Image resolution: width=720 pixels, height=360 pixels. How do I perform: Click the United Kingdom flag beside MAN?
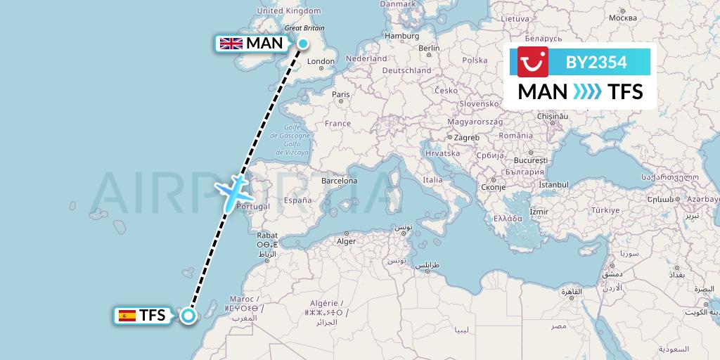231,44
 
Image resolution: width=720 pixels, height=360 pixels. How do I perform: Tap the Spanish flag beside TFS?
127,316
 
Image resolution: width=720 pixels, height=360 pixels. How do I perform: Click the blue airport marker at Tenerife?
188,315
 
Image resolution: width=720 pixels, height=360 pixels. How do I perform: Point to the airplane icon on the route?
231,192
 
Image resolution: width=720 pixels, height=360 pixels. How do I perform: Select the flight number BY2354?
596,63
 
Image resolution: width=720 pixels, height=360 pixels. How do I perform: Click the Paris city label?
341,94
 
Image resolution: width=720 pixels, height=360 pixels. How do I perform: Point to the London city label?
321,61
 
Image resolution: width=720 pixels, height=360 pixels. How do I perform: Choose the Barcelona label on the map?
339,181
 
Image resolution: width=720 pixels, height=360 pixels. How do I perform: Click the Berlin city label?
429,49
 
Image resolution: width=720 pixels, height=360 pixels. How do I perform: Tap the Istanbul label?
553,184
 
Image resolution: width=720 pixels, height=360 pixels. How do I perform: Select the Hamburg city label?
402,36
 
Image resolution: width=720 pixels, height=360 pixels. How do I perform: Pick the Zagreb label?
467,137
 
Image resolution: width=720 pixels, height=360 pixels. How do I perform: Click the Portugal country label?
254,207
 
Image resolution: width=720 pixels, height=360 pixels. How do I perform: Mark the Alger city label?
347,240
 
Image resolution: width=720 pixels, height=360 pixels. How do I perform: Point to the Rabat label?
268,236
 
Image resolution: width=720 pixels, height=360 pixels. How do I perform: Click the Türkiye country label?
605,210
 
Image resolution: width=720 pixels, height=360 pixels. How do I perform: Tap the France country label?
337,123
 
